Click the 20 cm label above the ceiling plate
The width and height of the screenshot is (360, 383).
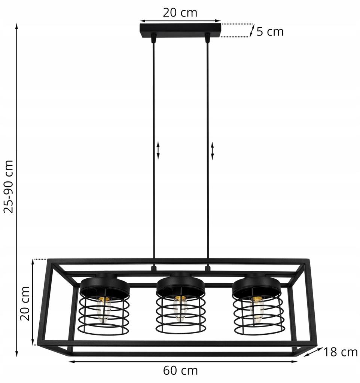(x=180, y=13)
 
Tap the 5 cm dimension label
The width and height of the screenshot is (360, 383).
(x=270, y=32)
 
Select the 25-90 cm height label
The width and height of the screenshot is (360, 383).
(x=8, y=186)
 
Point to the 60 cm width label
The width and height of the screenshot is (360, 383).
(x=180, y=371)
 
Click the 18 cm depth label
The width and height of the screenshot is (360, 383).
(x=341, y=352)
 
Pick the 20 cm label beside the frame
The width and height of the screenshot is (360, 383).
(x=25, y=303)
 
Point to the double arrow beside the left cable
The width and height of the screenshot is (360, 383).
(x=158, y=151)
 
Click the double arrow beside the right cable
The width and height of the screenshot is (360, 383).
(x=213, y=151)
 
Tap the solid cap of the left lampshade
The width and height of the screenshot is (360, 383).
(x=105, y=285)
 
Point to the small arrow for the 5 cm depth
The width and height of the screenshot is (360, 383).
(x=252, y=31)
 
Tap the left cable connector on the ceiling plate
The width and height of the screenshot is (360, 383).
(x=153, y=37)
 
